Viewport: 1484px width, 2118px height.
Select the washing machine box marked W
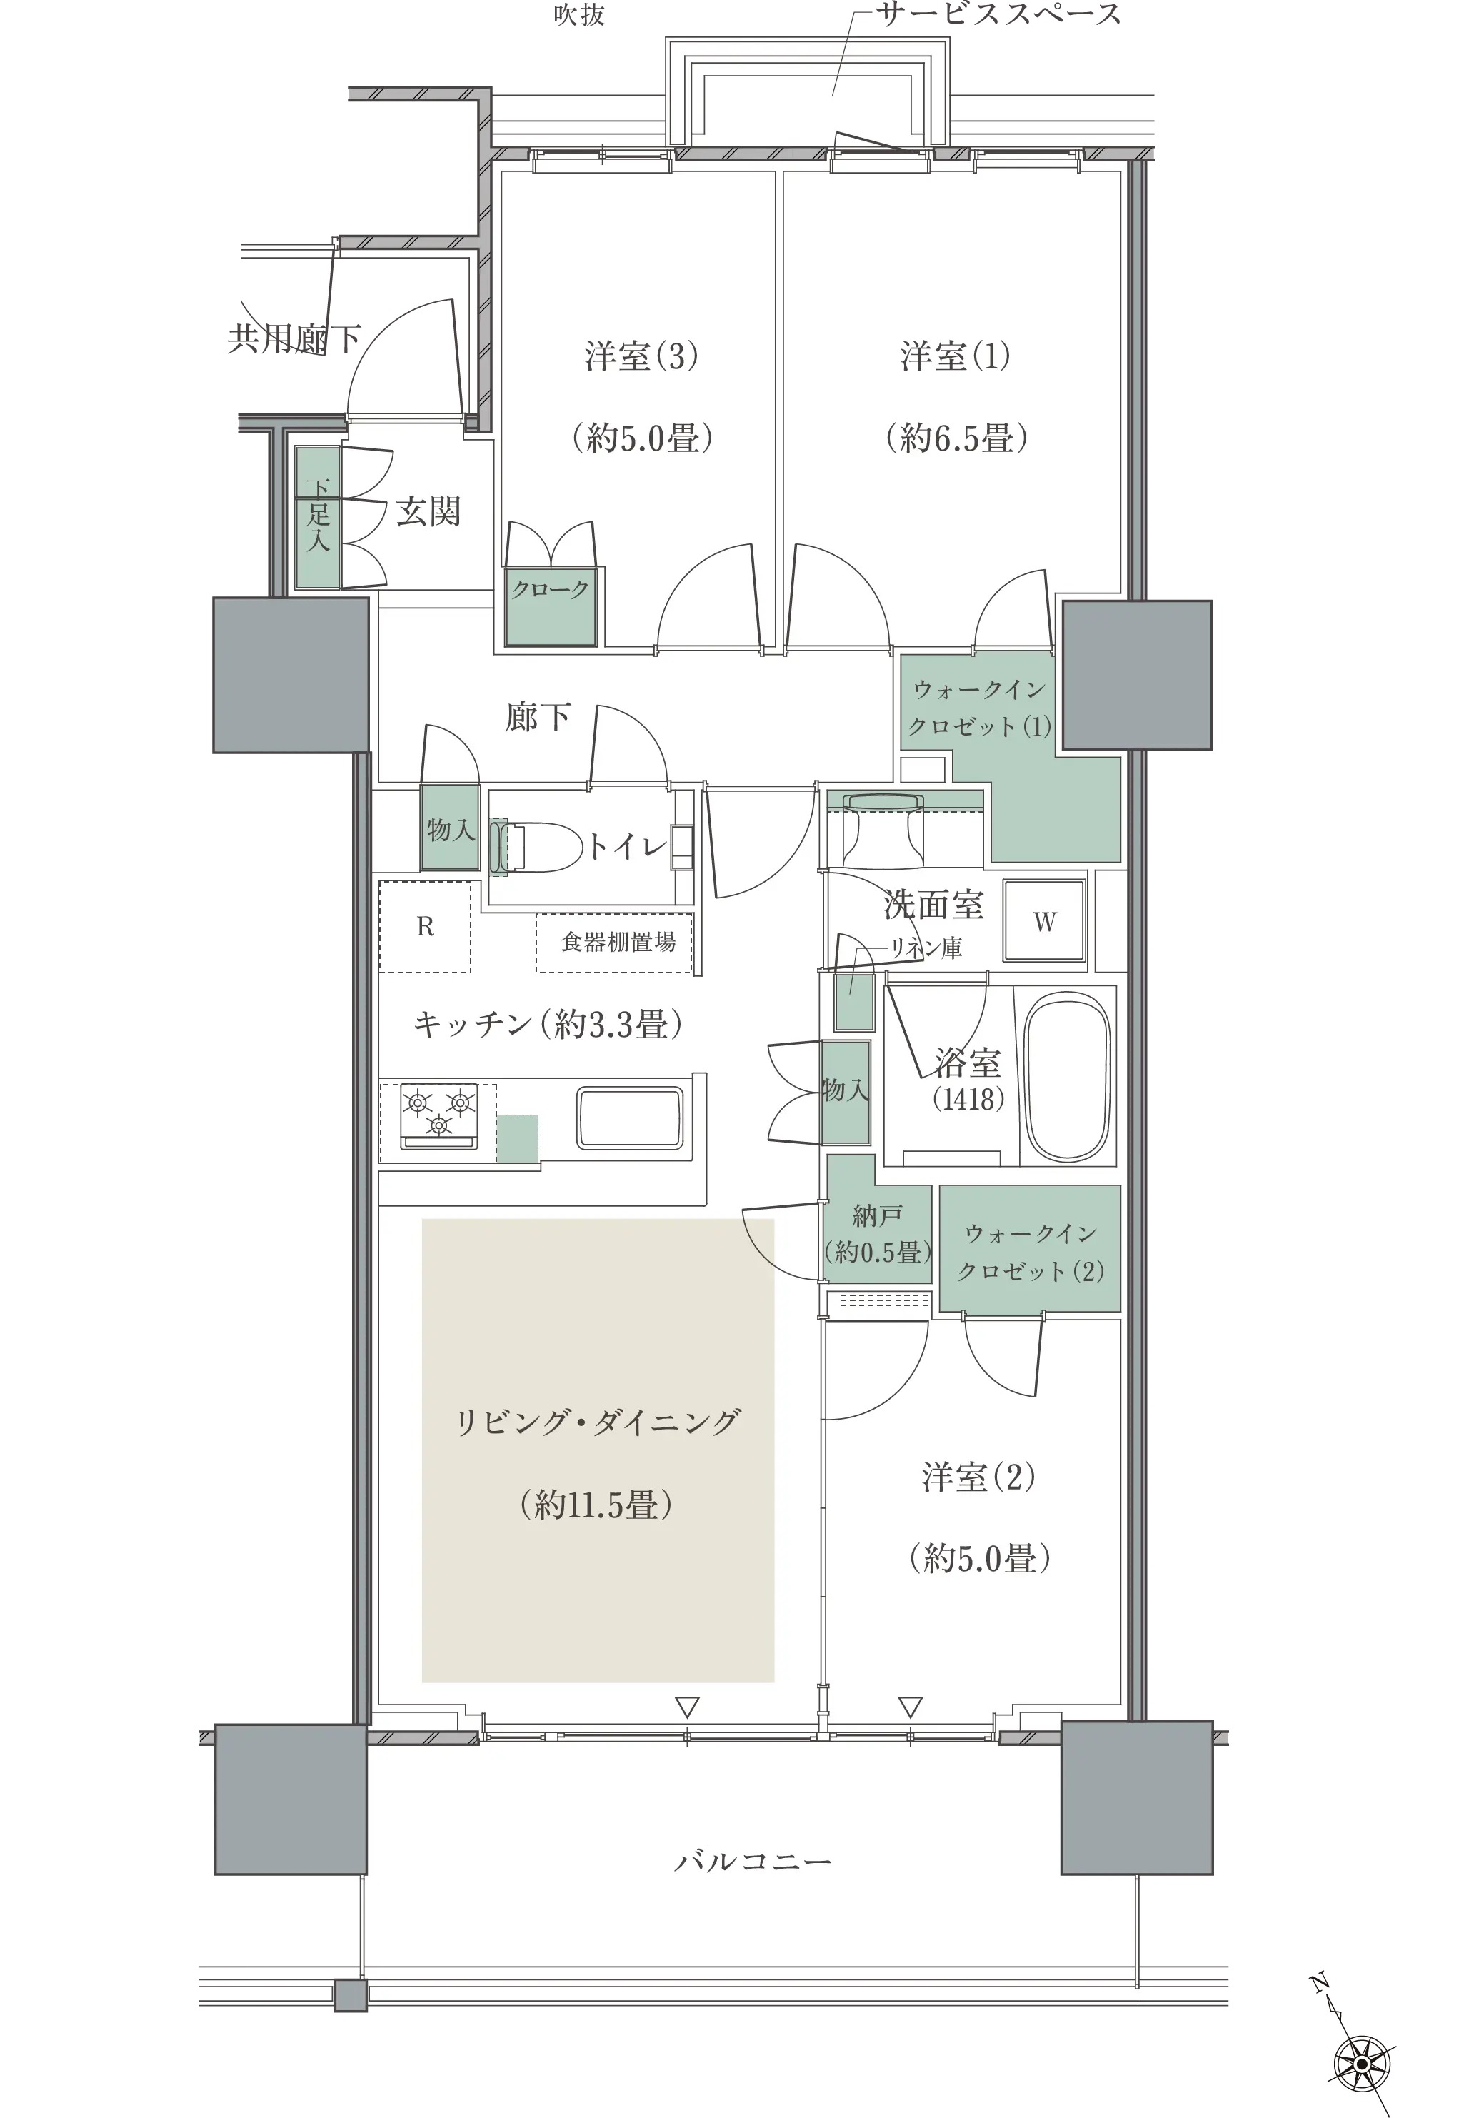tap(1044, 922)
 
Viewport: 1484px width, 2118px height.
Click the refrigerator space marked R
tap(425, 926)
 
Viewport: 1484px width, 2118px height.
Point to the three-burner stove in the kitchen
tap(439, 1116)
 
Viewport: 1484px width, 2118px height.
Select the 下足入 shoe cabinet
tap(317, 518)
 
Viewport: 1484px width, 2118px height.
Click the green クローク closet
tap(551, 606)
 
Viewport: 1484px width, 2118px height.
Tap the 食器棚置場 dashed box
tap(615, 942)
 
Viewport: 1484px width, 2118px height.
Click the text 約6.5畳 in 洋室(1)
tap(956, 437)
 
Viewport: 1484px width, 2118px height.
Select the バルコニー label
tap(753, 1862)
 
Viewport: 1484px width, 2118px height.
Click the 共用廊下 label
tap(294, 339)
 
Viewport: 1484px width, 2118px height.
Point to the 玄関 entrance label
tap(429, 511)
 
